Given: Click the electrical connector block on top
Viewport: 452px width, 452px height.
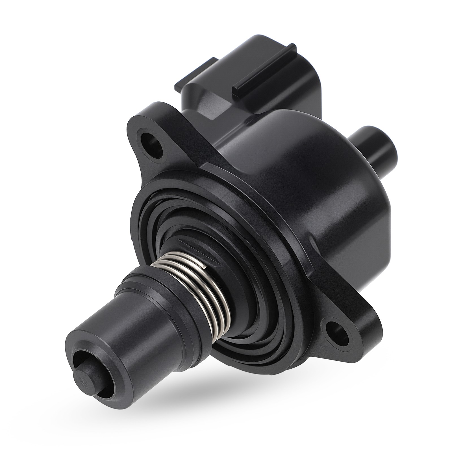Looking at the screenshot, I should [249, 71].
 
